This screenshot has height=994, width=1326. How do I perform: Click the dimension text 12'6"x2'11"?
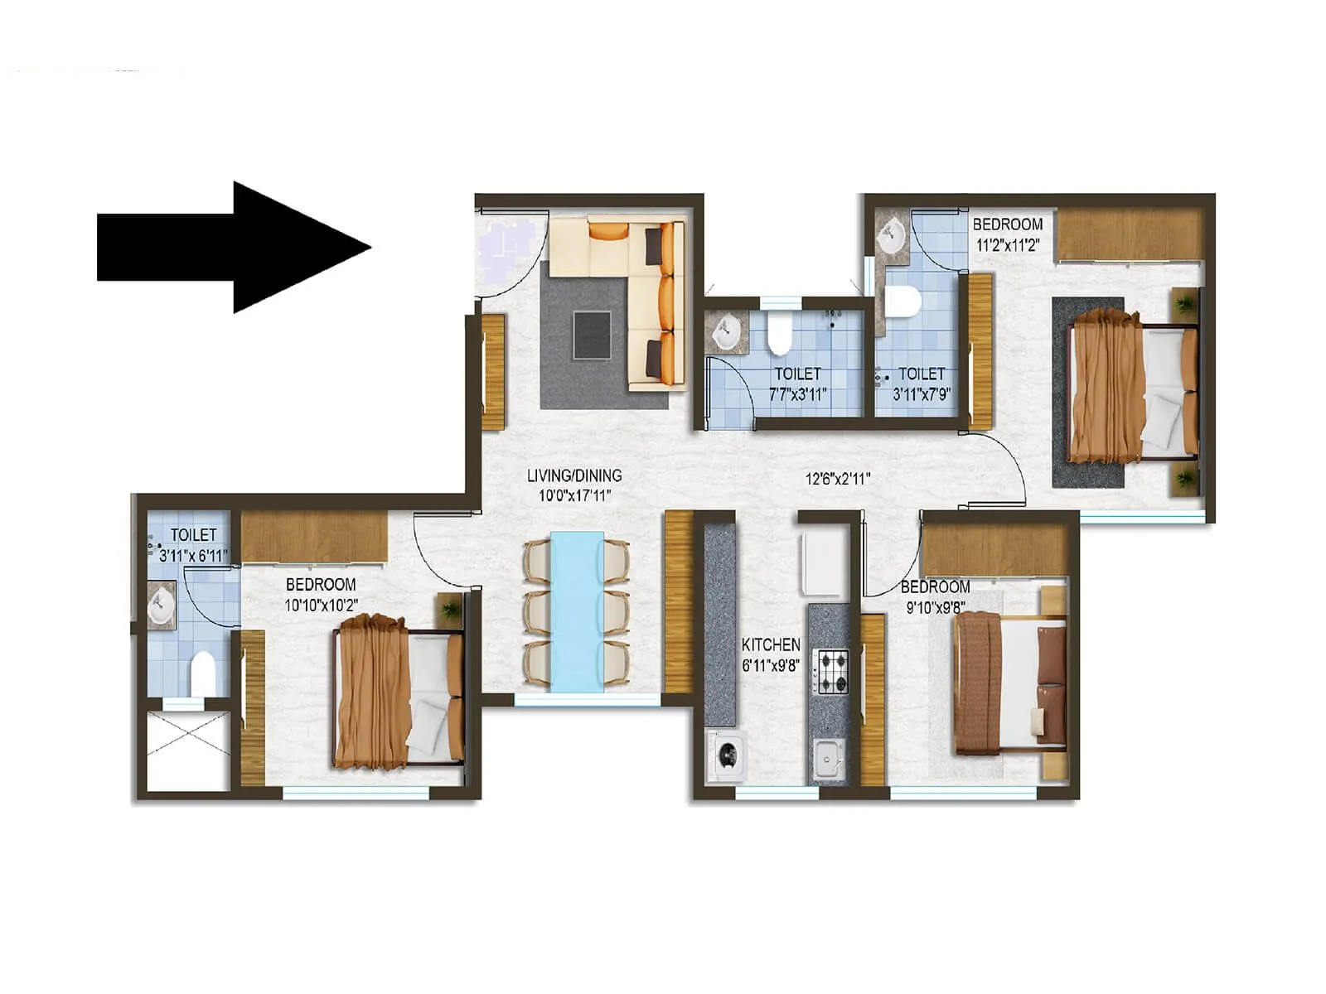(x=837, y=478)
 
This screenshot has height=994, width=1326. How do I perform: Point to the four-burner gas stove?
(x=833, y=672)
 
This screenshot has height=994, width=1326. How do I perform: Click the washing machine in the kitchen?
(x=727, y=755)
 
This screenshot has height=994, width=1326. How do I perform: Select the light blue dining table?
(x=576, y=611)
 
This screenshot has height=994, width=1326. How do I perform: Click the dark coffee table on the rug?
(x=592, y=334)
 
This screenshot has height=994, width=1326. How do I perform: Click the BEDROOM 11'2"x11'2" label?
(x=1007, y=234)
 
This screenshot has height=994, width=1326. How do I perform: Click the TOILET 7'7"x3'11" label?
(x=797, y=384)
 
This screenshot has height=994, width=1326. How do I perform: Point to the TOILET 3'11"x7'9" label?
(x=921, y=384)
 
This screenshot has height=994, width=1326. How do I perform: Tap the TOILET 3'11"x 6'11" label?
(x=193, y=545)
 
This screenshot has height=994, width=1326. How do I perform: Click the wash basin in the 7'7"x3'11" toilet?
(x=726, y=331)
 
